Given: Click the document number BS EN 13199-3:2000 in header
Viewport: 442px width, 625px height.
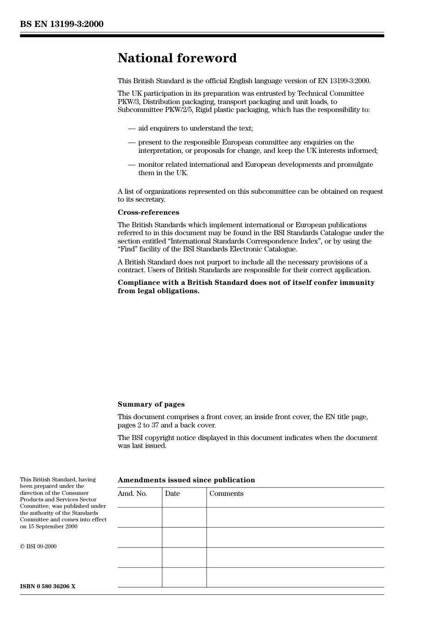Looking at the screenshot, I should pyautogui.click(x=61, y=24).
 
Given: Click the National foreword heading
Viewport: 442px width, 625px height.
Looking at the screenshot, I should pyautogui.click(x=177, y=58).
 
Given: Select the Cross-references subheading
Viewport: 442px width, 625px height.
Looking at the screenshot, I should pyautogui.click(x=148, y=212).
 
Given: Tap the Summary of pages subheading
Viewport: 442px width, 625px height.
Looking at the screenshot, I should pyautogui.click(x=151, y=404).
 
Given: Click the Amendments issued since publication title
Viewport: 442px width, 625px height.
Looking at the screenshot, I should pyautogui.click(x=186, y=480).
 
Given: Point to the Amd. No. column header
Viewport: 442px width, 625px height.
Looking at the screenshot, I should pyautogui.click(x=132, y=493).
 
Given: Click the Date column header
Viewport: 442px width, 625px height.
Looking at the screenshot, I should pyautogui.click(x=172, y=493).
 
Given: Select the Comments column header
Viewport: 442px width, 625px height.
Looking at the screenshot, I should pyautogui.click(x=226, y=493).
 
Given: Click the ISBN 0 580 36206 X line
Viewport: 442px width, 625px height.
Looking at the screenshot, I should pyautogui.click(x=47, y=586).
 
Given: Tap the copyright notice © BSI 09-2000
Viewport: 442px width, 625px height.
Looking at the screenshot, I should pyautogui.click(x=38, y=546).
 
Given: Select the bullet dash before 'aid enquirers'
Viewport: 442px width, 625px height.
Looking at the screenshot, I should pyautogui.click(x=132, y=128).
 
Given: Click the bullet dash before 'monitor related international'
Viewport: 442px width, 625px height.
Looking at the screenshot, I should pyautogui.click(x=132, y=164).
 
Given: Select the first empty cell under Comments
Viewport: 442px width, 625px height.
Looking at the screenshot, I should pyautogui.click(x=295, y=517).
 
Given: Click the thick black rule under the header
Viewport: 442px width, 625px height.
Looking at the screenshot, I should pyautogui.click(x=202, y=35).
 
